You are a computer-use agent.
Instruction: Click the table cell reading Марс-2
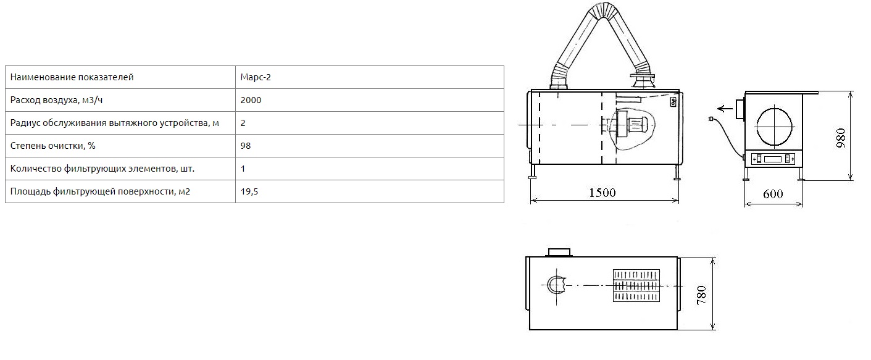click(256, 77)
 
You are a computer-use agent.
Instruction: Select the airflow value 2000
click(251, 100)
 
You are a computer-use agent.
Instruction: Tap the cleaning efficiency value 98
click(245, 146)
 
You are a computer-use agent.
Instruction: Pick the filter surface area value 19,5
click(249, 191)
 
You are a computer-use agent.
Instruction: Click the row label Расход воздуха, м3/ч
click(56, 100)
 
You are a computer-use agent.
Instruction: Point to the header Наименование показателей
click(72, 77)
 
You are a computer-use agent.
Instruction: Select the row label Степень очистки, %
click(53, 146)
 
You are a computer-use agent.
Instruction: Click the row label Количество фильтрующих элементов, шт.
click(102, 169)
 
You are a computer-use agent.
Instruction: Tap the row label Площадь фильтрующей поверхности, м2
click(100, 191)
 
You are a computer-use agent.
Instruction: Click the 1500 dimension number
click(602, 193)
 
